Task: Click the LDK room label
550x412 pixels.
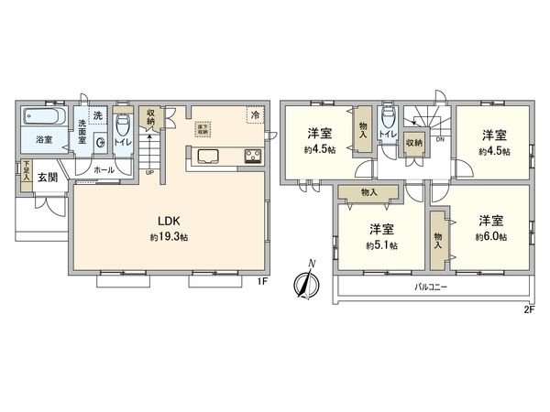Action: tap(166, 220)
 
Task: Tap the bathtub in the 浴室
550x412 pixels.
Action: tap(43, 118)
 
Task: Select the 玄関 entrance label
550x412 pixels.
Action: tap(47, 177)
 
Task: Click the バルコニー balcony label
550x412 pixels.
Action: tap(424, 287)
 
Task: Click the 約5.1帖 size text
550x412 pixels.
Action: tap(380, 244)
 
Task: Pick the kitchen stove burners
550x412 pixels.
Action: tap(252, 155)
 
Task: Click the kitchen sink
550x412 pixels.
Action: tap(206, 154)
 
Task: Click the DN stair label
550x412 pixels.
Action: tap(440, 139)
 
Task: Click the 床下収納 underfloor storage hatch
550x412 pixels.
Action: tap(203, 128)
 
